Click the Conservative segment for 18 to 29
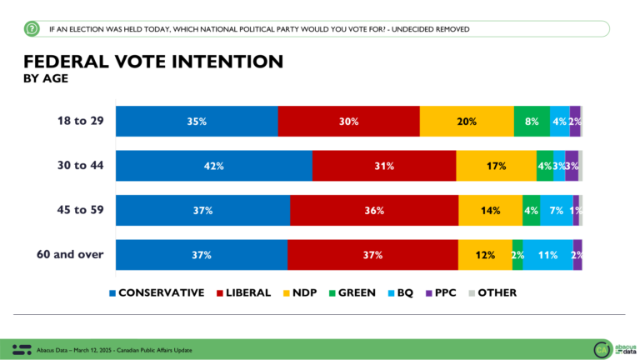click(196, 122)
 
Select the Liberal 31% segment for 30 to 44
click(384, 166)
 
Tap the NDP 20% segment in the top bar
click(467, 122)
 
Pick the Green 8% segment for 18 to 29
click(532, 122)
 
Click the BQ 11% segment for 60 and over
click(547, 255)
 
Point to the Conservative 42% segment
click(213, 166)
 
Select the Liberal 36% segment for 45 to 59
click(374, 211)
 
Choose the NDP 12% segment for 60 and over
click(485, 255)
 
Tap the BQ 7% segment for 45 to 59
click(557, 211)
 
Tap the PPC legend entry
click(442, 292)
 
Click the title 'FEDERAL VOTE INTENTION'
click(152, 62)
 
